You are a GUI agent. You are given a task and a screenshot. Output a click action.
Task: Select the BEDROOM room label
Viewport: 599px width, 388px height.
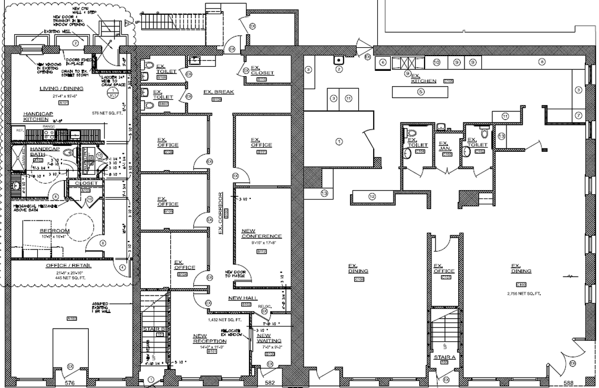(55, 231)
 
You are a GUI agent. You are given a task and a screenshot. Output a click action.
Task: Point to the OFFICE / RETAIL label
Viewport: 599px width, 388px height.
(68, 266)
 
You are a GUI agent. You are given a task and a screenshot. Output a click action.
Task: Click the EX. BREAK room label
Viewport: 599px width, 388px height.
(218, 92)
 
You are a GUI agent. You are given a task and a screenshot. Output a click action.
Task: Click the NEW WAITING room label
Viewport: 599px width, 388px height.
(264, 339)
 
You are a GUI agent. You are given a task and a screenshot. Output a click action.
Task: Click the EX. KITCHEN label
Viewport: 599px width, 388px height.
(423, 78)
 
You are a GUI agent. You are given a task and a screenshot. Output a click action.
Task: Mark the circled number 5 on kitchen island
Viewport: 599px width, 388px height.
(420, 92)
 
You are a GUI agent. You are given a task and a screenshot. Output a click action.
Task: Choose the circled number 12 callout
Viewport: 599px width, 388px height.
(372, 196)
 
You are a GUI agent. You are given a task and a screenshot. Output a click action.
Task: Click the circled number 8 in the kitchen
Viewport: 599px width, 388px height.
(541, 62)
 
